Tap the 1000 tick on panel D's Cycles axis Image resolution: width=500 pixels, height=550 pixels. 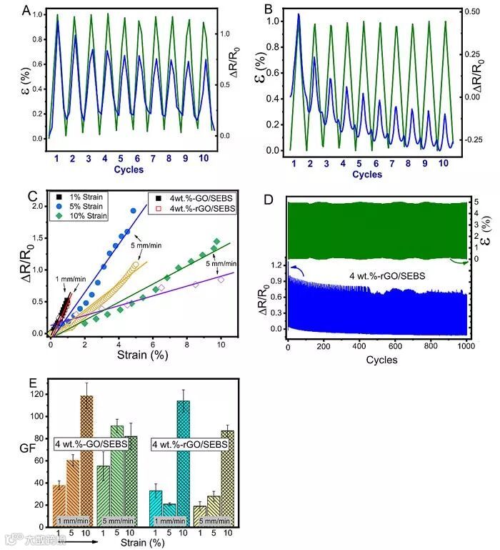[x=465, y=347]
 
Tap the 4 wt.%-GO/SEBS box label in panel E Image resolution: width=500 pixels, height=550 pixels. [x=91, y=445]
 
